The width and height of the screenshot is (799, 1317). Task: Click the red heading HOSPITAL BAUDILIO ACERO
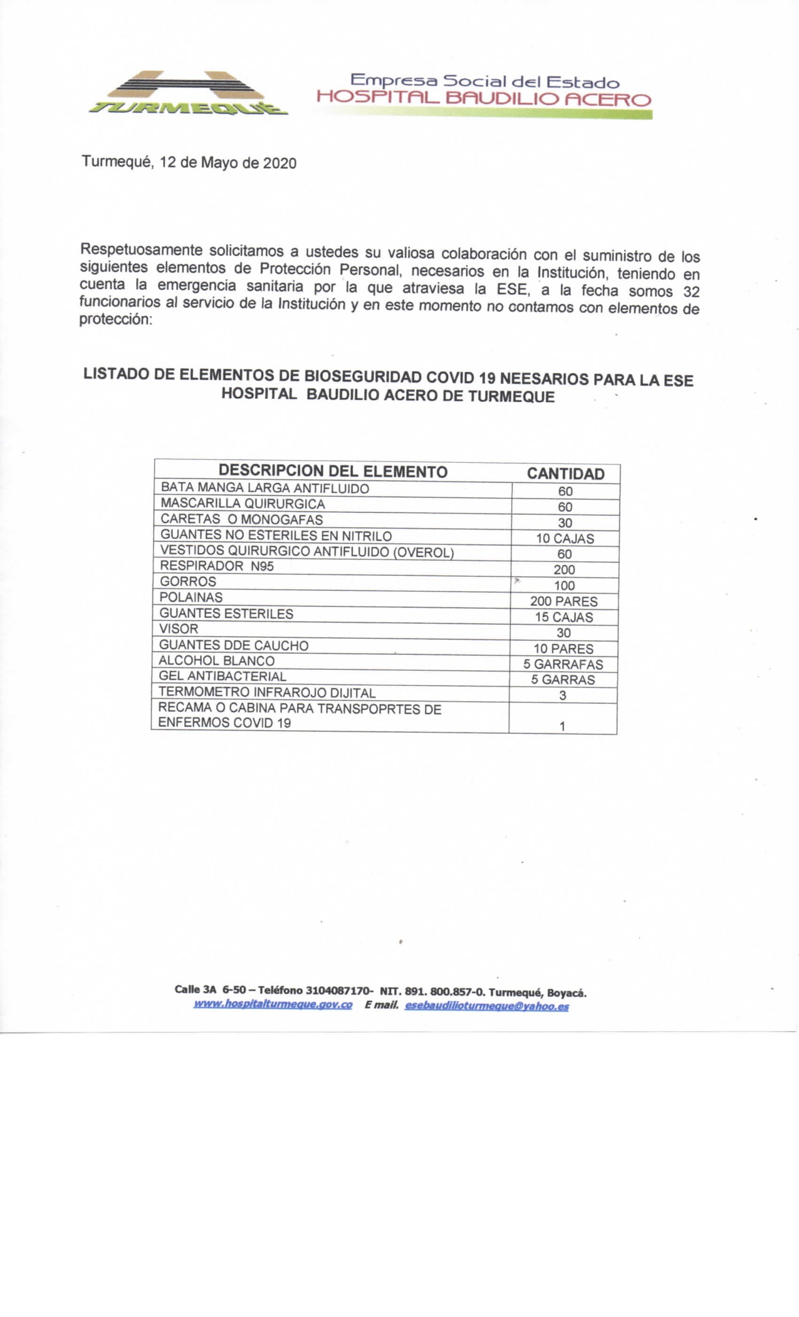(484, 99)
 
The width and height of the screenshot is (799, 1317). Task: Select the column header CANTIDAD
(565, 474)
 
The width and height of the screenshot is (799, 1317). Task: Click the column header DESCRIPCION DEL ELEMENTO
(333, 472)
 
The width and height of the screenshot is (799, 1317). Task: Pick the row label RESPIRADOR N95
(217, 566)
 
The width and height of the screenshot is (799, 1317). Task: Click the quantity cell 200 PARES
(564, 601)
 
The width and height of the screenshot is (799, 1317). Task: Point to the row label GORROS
(188, 581)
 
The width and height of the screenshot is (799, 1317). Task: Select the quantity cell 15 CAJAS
(564, 617)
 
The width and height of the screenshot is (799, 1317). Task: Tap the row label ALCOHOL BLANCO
(217, 660)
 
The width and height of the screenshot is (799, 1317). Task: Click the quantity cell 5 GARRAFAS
(563, 664)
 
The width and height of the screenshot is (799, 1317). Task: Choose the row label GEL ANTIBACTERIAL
(222, 676)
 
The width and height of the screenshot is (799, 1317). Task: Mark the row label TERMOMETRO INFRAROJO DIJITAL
(267, 693)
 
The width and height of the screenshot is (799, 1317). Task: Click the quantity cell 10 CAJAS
(565, 539)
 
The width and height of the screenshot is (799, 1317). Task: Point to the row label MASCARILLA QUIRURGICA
(243, 504)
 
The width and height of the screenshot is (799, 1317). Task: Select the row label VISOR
(179, 628)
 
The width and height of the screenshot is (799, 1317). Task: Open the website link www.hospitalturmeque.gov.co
(273, 1005)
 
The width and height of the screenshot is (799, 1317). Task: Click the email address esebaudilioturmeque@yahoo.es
(487, 1006)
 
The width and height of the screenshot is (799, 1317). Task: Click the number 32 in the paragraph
(691, 292)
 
